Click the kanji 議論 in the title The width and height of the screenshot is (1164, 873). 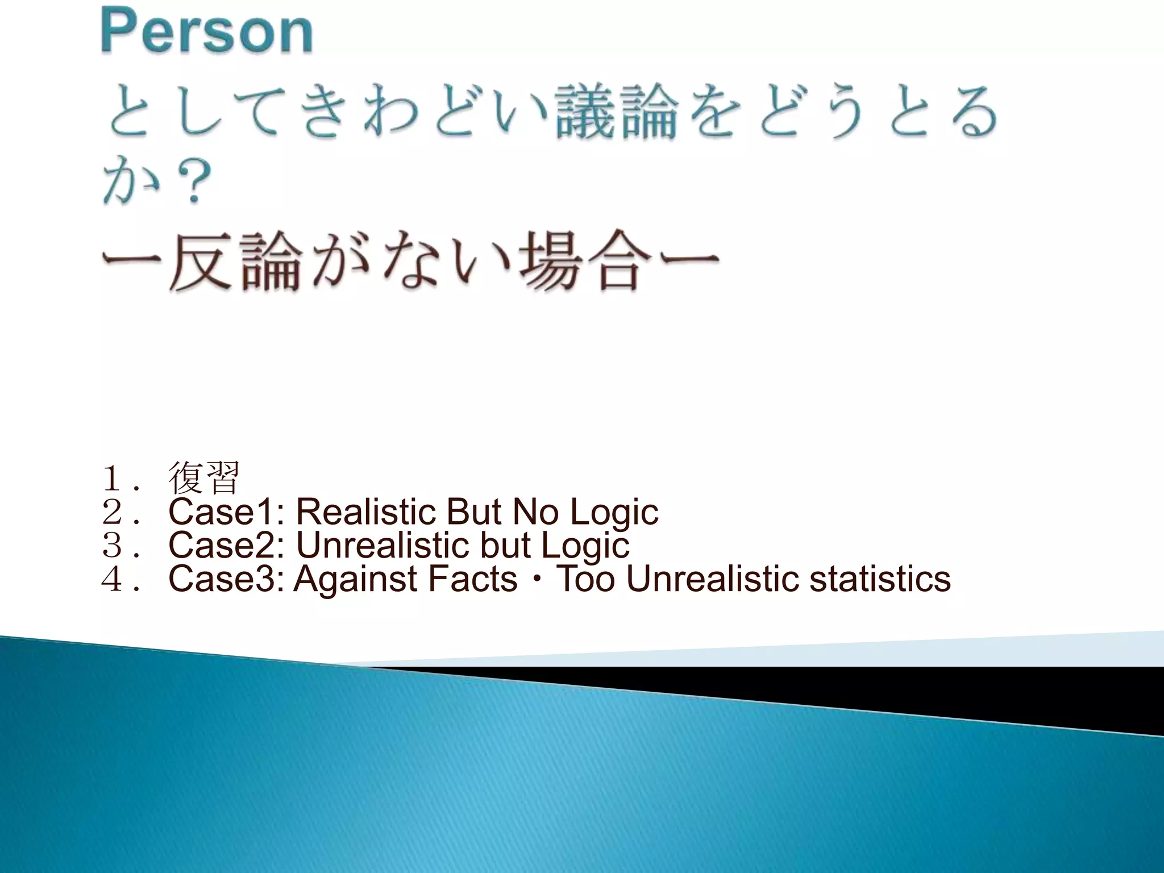(x=617, y=112)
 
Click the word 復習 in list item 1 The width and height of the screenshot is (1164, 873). (x=204, y=479)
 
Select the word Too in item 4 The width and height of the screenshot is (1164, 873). (x=585, y=579)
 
